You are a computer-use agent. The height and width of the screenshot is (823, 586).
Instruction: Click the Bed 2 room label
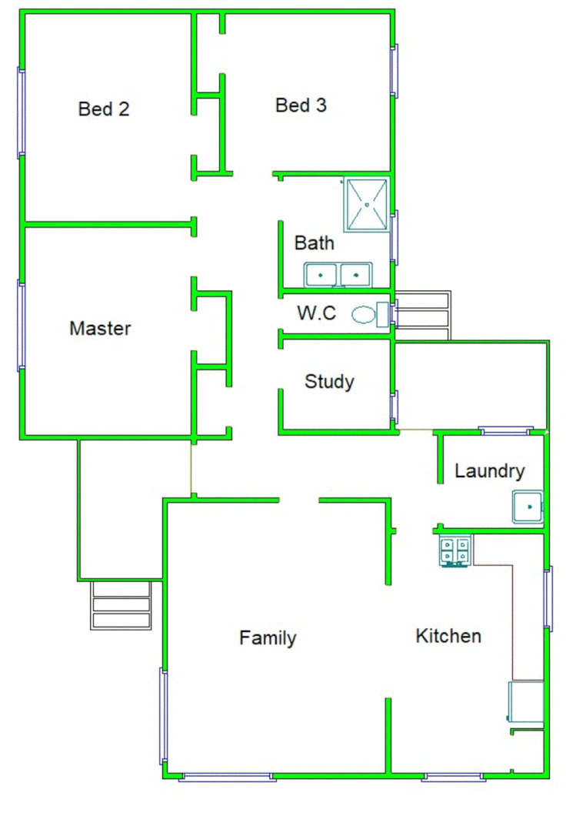click(x=103, y=109)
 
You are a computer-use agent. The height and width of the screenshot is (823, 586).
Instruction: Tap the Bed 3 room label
click(x=301, y=105)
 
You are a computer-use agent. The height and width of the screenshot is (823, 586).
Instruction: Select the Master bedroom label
click(x=100, y=329)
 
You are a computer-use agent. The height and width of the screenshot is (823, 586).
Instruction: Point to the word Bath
click(x=315, y=243)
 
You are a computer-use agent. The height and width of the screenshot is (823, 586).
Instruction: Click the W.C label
click(x=317, y=314)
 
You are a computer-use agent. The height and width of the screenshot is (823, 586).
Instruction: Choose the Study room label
click(x=329, y=381)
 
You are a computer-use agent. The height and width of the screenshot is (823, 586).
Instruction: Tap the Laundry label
click(x=489, y=471)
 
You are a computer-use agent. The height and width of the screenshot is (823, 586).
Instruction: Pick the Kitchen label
click(x=448, y=636)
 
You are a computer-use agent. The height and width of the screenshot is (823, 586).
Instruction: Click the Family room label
click(x=268, y=638)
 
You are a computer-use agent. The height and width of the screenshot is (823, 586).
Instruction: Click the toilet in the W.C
click(x=367, y=314)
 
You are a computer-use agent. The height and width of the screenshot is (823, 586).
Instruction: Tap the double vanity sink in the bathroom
click(x=338, y=274)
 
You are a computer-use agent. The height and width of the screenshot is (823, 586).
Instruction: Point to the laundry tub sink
click(x=528, y=507)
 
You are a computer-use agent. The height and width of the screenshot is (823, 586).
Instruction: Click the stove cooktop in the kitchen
click(x=454, y=551)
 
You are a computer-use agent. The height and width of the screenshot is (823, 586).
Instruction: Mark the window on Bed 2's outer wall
click(x=22, y=112)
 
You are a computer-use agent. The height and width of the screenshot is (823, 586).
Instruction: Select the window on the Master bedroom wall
click(x=22, y=326)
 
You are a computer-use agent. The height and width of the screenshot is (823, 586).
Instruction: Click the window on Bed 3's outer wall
click(x=395, y=71)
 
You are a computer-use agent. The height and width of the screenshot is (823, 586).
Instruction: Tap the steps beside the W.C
click(x=421, y=316)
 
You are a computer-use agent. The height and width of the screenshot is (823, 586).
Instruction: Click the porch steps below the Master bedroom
click(x=121, y=604)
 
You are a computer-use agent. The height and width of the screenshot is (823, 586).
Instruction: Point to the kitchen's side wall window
click(x=548, y=598)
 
